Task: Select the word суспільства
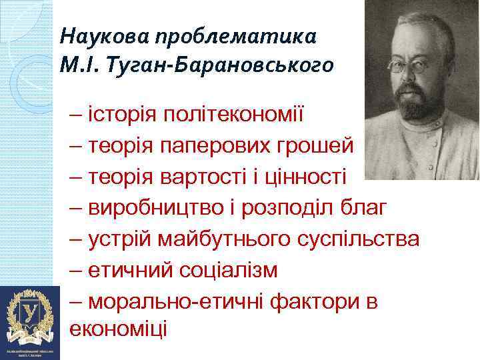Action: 363,239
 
